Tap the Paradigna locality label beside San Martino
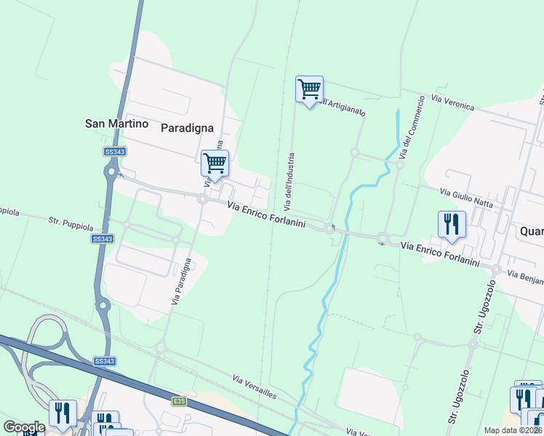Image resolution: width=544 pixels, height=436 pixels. (x=187, y=127)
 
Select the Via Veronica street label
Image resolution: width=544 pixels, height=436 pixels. (x=452, y=102)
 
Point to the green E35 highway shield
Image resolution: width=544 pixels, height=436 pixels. (x=179, y=401)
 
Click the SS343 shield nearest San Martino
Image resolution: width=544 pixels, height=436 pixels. (x=114, y=151)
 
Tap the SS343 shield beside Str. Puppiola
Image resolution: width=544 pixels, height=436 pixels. (x=103, y=238)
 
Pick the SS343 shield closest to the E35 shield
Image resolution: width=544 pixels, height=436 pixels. (x=104, y=361)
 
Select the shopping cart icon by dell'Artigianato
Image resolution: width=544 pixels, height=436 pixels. (x=310, y=90)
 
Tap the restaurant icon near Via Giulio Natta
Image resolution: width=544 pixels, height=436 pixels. (x=452, y=225)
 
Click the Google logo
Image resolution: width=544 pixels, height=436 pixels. (x=23, y=427)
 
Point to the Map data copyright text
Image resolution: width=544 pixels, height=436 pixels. (x=513, y=430)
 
